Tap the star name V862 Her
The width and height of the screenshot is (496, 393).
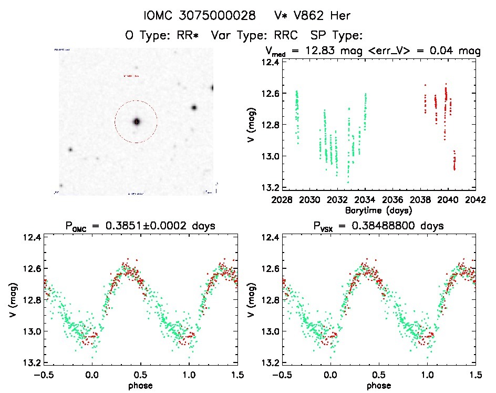314,15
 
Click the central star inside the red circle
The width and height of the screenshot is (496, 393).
137,122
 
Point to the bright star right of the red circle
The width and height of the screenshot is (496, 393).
194,107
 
